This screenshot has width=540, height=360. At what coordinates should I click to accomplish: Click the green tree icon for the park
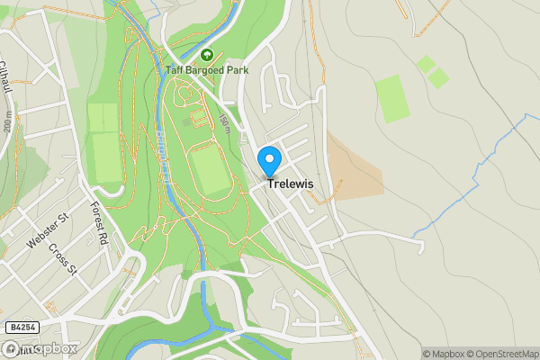(206, 55)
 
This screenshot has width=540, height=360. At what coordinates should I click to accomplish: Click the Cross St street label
(62, 260)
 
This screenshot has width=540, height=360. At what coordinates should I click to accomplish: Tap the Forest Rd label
(98, 224)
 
